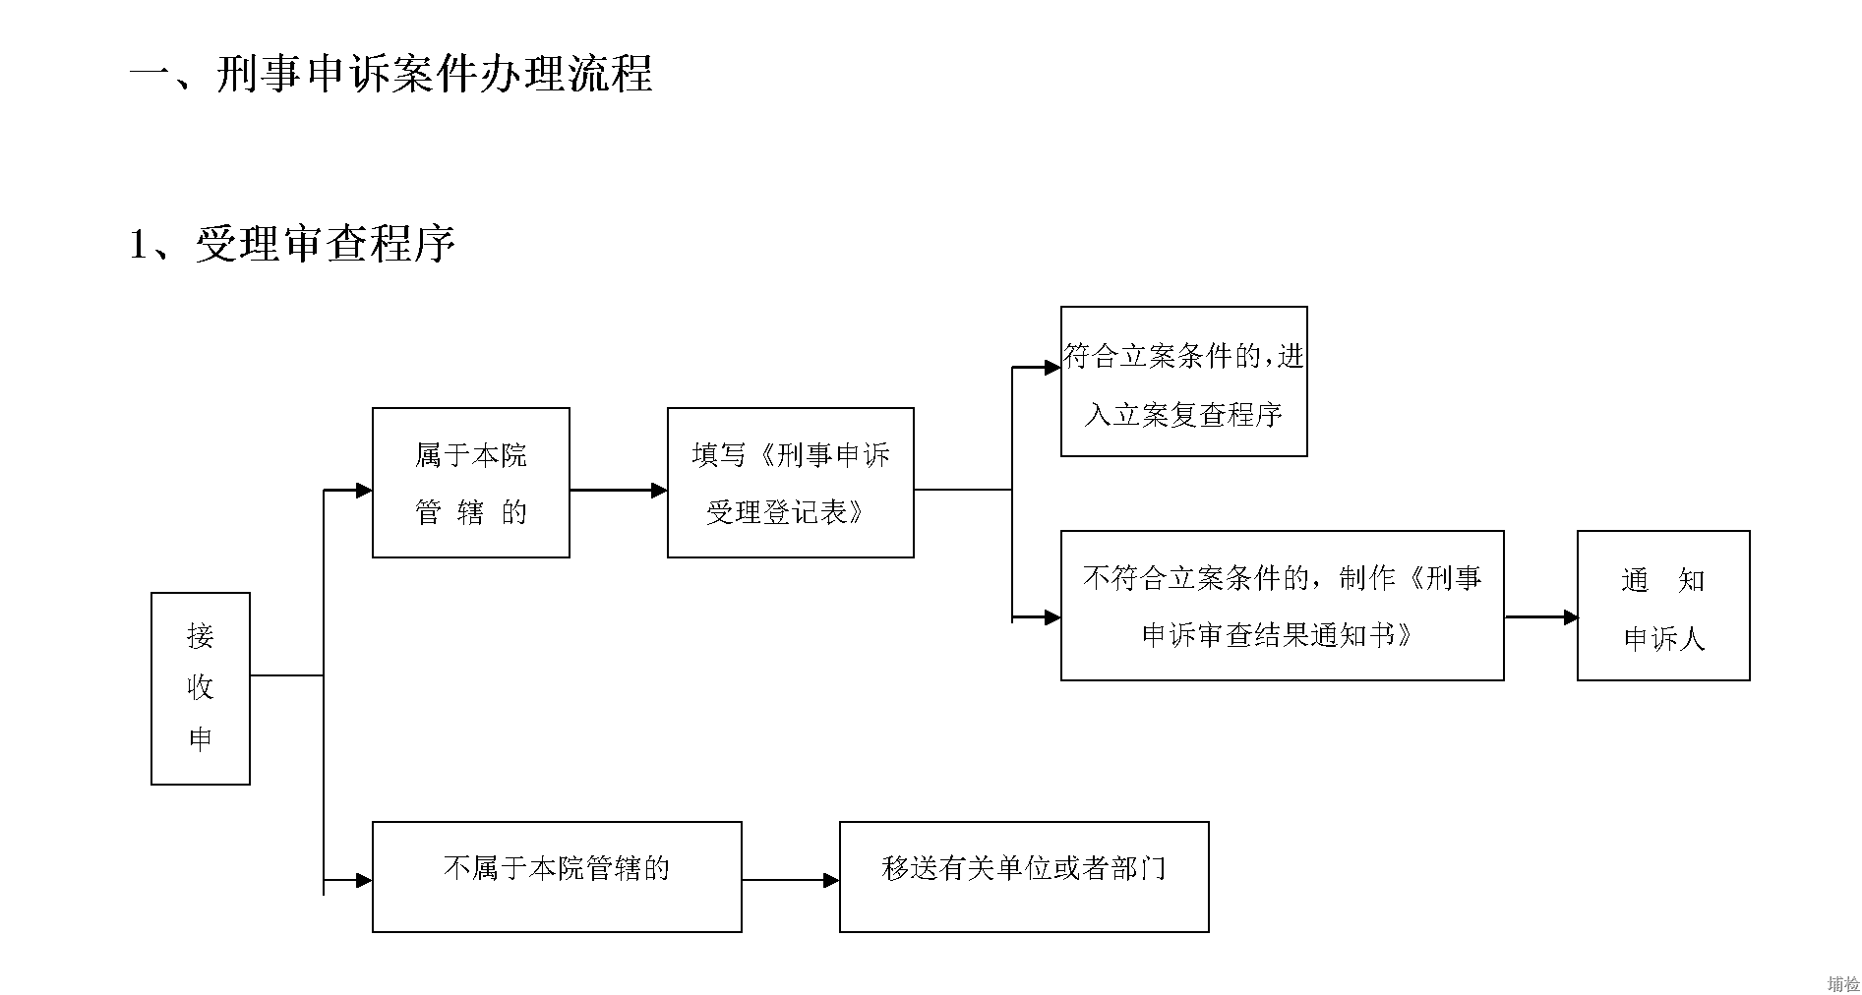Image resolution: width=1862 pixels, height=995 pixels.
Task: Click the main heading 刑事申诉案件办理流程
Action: click(x=434, y=74)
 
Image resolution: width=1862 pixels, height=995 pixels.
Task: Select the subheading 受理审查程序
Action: click(x=326, y=244)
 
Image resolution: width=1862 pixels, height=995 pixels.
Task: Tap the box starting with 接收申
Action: click(x=201, y=688)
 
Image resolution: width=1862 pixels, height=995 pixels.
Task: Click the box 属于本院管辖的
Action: click(x=471, y=483)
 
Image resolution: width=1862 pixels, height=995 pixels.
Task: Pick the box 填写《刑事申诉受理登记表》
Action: click(x=791, y=483)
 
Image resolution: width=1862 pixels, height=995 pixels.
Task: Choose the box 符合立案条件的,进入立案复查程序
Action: click(x=1184, y=381)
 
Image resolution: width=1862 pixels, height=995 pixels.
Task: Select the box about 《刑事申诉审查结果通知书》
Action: click(x=1283, y=606)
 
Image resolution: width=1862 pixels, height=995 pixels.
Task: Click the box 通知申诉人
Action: click(x=1663, y=606)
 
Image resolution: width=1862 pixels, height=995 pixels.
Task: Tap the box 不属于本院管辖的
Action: click(x=557, y=877)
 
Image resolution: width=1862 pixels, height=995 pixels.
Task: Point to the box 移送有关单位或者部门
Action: click(x=1024, y=877)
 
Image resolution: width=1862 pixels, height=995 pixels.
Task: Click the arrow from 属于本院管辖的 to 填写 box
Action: click(x=619, y=490)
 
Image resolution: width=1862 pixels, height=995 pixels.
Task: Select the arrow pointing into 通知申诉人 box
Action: click(x=1541, y=617)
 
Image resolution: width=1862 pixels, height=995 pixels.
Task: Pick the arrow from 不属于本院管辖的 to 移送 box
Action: click(x=791, y=881)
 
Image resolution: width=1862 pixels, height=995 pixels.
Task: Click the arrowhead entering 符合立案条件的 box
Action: click(x=1052, y=368)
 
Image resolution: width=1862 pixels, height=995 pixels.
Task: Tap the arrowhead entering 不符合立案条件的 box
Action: click(x=1052, y=617)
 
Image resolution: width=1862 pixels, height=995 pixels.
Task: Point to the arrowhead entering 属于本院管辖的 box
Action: click(x=364, y=490)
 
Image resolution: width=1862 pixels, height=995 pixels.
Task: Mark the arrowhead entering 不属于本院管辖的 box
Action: click(x=364, y=881)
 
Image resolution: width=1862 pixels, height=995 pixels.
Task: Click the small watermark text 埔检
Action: click(x=1843, y=984)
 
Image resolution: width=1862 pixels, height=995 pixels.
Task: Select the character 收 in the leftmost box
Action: click(x=201, y=687)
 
